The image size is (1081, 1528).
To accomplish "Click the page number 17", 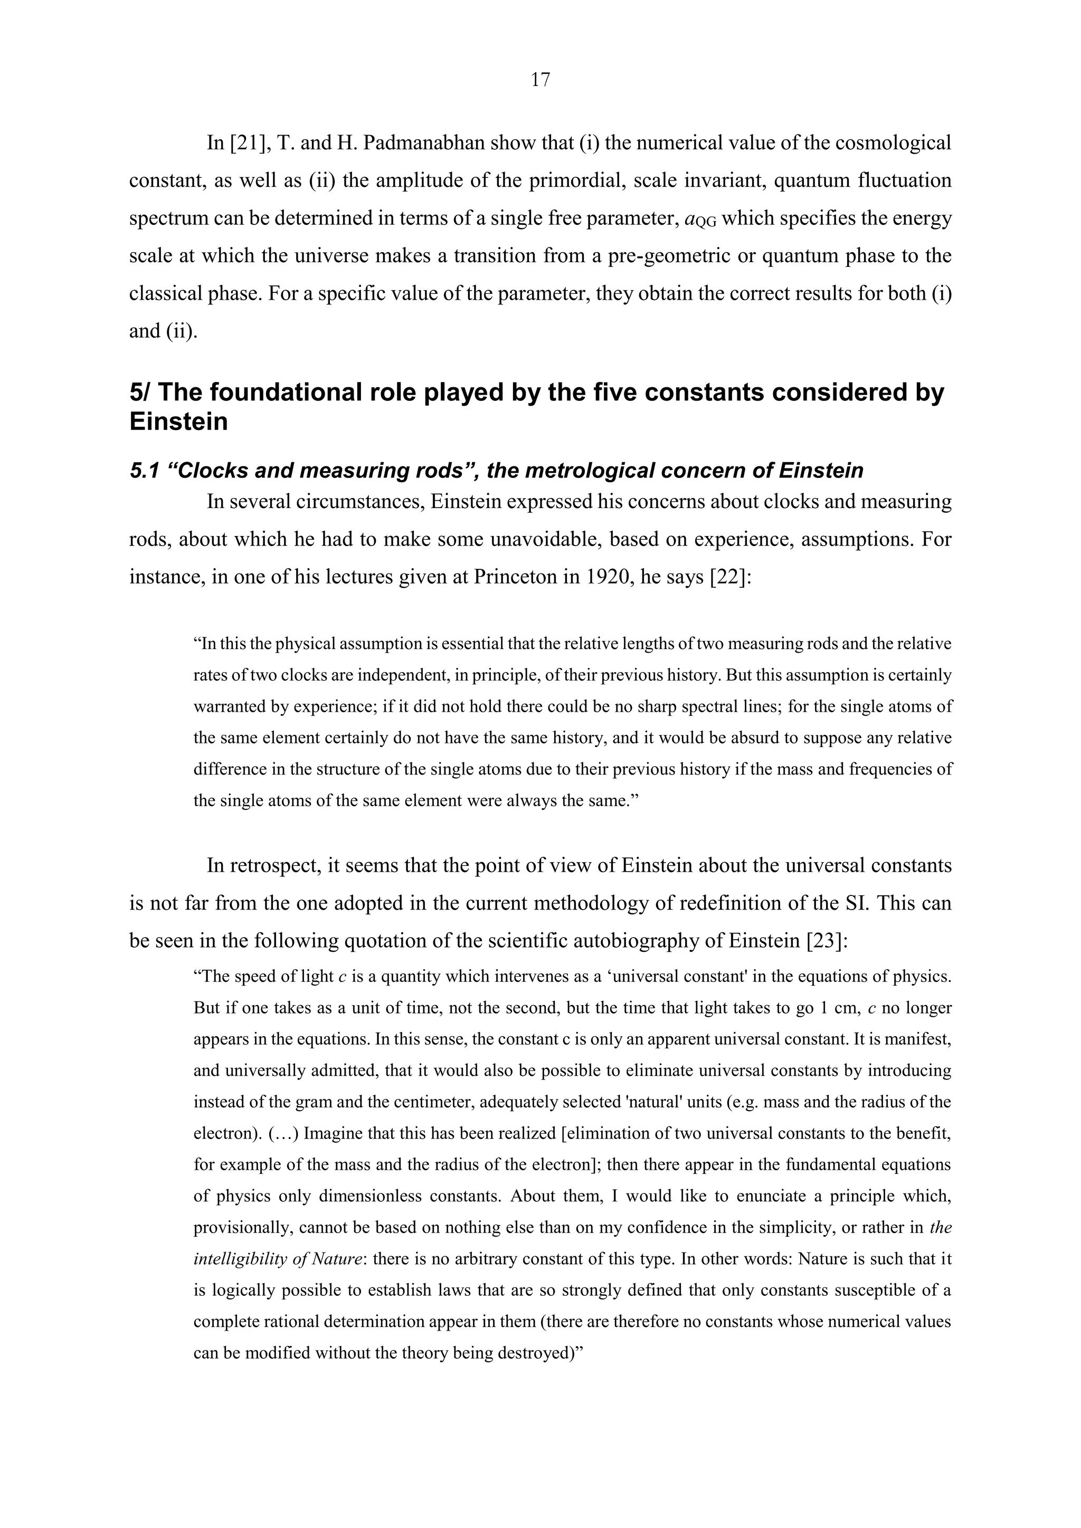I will point(540,80).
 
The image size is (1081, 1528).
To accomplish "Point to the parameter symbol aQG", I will point(700,219).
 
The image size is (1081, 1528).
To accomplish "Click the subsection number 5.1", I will point(144,471).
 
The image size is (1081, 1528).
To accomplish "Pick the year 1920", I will point(607,576).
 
